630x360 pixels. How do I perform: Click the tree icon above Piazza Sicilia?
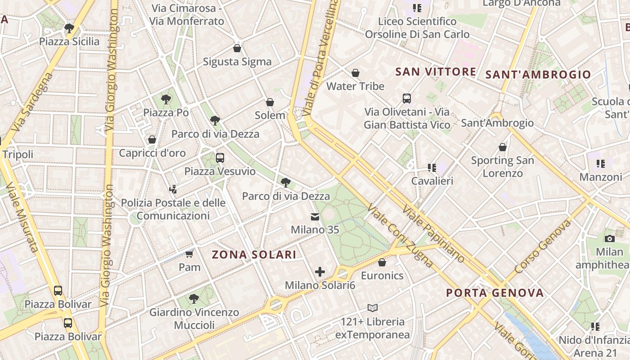pyautogui.click(x=69, y=28)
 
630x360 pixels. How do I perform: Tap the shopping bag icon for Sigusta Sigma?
pyautogui.click(x=237, y=48)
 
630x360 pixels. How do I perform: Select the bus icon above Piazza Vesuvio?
pyautogui.click(x=220, y=158)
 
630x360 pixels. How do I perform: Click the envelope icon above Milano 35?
pyautogui.click(x=315, y=217)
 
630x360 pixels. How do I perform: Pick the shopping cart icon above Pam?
pyautogui.click(x=189, y=254)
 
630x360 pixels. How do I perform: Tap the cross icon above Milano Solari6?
pyautogui.click(x=320, y=272)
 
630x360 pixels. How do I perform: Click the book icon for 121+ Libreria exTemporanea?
pyautogui.click(x=372, y=308)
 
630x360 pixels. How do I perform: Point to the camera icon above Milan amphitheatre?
pyautogui.click(x=610, y=238)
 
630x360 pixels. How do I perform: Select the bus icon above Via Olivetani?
pyautogui.click(x=406, y=99)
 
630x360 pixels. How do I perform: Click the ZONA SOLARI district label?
pyautogui.click(x=254, y=255)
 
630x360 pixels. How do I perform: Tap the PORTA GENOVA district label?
pyautogui.click(x=495, y=293)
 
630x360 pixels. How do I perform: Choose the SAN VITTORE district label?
pyautogui.click(x=436, y=72)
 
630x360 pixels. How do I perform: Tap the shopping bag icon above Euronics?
pyautogui.click(x=382, y=262)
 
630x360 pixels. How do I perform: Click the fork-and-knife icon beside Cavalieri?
pyautogui.click(x=432, y=168)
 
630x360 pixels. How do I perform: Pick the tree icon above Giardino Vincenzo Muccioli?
pyautogui.click(x=194, y=298)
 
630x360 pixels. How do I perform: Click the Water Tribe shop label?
pyautogui.click(x=355, y=86)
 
